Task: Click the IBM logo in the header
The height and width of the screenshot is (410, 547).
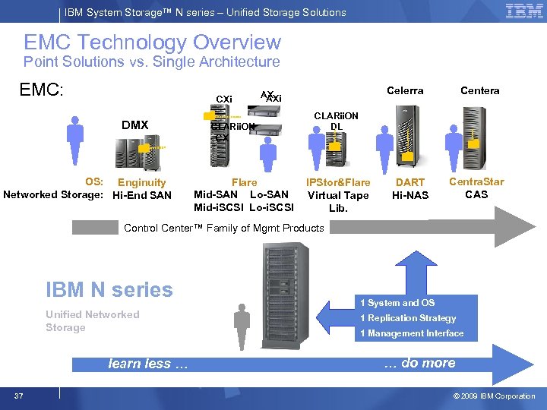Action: (x=524, y=11)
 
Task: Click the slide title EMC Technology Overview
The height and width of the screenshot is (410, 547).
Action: (x=152, y=43)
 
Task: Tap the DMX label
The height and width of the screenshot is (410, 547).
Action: (x=134, y=125)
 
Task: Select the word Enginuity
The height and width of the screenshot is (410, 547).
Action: (x=141, y=182)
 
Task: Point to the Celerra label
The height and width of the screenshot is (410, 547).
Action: (x=405, y=91)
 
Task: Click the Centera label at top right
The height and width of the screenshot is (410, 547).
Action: (x=479, y=91)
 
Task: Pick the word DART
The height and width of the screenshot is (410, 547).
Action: (x=410, y=183)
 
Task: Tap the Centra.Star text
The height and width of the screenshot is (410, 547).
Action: (x=476, y=182)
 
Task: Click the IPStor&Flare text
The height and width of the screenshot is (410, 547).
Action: (x=338, y=182)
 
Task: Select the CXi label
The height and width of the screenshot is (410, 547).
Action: (x=224, y=99)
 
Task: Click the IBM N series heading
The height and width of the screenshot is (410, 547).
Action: (x=109, y=289)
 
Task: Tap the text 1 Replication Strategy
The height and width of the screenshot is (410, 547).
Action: (x=408, y=318)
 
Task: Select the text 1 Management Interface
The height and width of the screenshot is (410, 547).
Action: (x=411, y=333)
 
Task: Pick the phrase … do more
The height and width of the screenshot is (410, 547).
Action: (x=419, y=363)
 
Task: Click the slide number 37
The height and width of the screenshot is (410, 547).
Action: (x=19, y=396)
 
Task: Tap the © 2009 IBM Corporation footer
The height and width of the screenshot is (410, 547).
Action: (x=494, y=396)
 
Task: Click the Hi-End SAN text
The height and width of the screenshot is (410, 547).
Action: (x=142, y=195)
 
